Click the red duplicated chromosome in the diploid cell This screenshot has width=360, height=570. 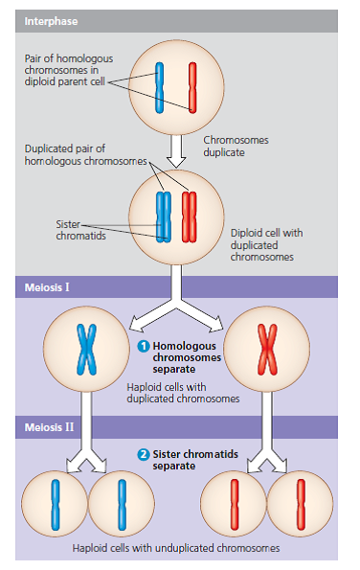[189, 215]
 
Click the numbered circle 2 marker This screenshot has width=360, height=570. [144, 454]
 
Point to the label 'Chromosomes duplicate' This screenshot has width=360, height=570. [236, 146]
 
